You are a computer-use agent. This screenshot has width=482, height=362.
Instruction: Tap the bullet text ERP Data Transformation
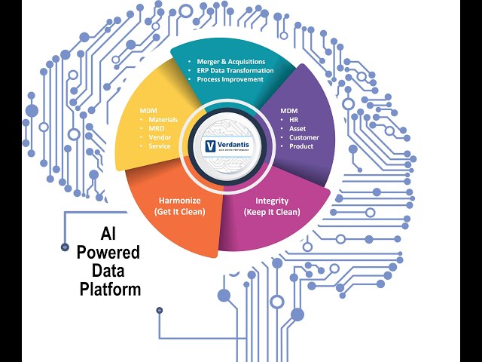click(234, 69)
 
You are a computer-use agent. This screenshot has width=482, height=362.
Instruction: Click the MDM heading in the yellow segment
click(148, 111)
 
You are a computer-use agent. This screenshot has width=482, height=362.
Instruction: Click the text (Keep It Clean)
click(272, 211)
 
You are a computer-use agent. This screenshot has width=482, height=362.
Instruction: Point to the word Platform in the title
click(109, 289)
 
